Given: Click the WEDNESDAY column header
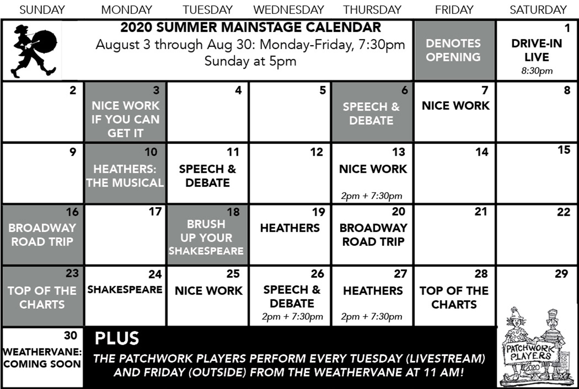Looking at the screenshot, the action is [289, 10].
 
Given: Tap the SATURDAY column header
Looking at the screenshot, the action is [538, 10].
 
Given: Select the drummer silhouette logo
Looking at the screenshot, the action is [34, 51].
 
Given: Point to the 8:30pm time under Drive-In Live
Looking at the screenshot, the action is [537, 71].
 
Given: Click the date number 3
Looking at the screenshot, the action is [156, 90].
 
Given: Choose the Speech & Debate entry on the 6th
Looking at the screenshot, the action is [371, 113].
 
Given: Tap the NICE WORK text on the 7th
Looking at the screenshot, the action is [455, 105].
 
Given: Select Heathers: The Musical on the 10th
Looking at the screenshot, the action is [125, 176].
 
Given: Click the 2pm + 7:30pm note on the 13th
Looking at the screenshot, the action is [372, 196].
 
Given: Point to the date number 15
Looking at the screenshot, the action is [564, 150].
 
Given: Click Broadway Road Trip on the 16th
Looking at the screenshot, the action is [42, 235].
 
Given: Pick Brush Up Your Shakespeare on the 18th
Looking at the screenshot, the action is [206, 237].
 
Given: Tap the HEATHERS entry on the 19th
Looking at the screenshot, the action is [290, 228].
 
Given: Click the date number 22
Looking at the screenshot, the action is [564, 212].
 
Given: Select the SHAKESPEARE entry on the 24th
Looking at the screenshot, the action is [125, 290].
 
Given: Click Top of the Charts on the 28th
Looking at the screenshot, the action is [454, 297].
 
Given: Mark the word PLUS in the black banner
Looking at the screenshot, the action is [117, 339].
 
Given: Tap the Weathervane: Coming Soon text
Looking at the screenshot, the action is [42, 358].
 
